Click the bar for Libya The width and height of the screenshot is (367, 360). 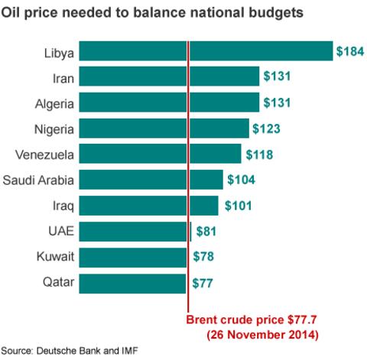(206, 51)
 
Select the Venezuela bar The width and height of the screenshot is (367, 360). (160, 154)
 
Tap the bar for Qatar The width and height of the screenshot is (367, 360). (133, 283)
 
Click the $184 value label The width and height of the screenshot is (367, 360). (349, 51)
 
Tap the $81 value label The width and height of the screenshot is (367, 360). (207, 232)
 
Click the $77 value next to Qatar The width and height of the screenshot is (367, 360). (203, 283)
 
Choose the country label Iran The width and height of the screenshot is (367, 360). (62, 77)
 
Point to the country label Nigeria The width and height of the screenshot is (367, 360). (54, 128)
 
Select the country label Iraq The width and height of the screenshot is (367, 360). (63, 206)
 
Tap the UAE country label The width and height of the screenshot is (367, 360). (61, 232)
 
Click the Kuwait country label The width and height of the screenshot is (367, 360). (56, 258)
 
